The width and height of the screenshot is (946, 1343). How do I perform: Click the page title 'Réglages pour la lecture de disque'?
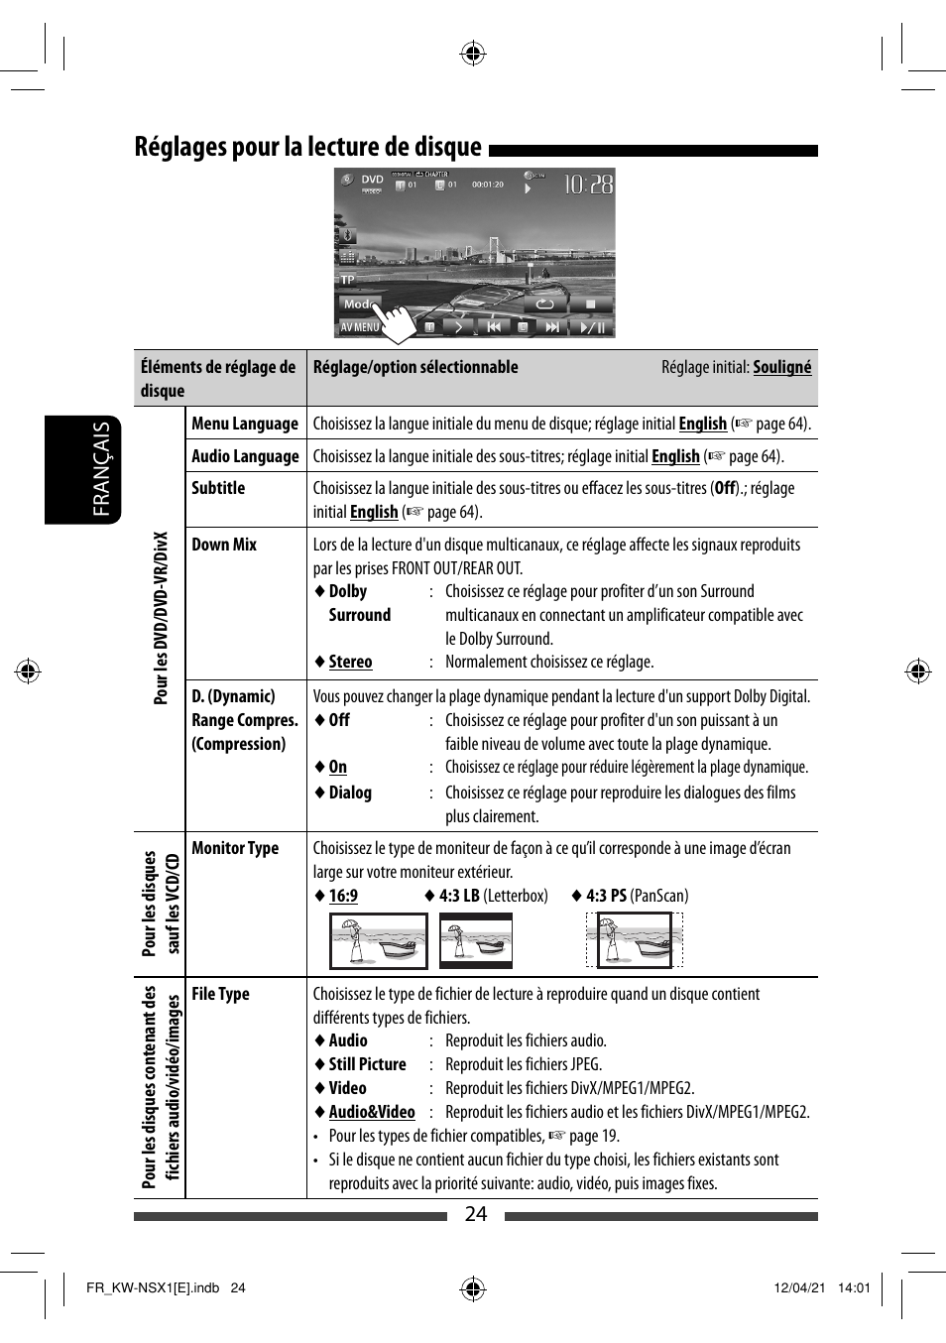(x=307, y=147)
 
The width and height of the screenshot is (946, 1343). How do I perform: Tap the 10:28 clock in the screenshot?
(x=588, y=184)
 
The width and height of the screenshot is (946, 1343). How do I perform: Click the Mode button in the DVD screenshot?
(x=358, y=305)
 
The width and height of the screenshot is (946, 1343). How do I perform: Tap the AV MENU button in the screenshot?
(x=359, y=326)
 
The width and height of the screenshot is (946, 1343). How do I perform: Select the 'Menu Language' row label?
(x=244, y=424)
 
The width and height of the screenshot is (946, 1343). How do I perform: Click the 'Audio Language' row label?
(x=245, y=456)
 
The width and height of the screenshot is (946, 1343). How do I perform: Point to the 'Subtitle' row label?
(x=218, y=488)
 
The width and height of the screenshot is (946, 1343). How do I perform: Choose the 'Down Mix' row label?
(x=224, y=545)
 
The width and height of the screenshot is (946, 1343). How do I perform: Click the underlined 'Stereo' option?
(x=350, y=662)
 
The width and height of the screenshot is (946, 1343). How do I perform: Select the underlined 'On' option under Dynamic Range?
(x=337, y=767)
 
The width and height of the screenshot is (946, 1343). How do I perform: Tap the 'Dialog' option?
(x=350, y=793)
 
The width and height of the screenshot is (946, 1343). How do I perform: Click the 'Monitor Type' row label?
(x=235, y=848)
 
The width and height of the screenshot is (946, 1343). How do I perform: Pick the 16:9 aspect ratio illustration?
(x=378, y=940)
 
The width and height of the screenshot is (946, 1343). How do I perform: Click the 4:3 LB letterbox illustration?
(x=475, y=940)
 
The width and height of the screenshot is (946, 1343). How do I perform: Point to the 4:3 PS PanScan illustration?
(x=635, y=940)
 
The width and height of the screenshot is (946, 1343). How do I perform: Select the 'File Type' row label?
(x=220, y=994)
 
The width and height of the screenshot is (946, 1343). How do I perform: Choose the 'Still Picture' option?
(x=367, y=1064)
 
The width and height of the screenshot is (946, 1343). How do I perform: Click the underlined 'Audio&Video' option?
(x=371, y=1112)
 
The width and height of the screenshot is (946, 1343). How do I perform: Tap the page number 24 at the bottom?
(x=476, y=1214)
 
